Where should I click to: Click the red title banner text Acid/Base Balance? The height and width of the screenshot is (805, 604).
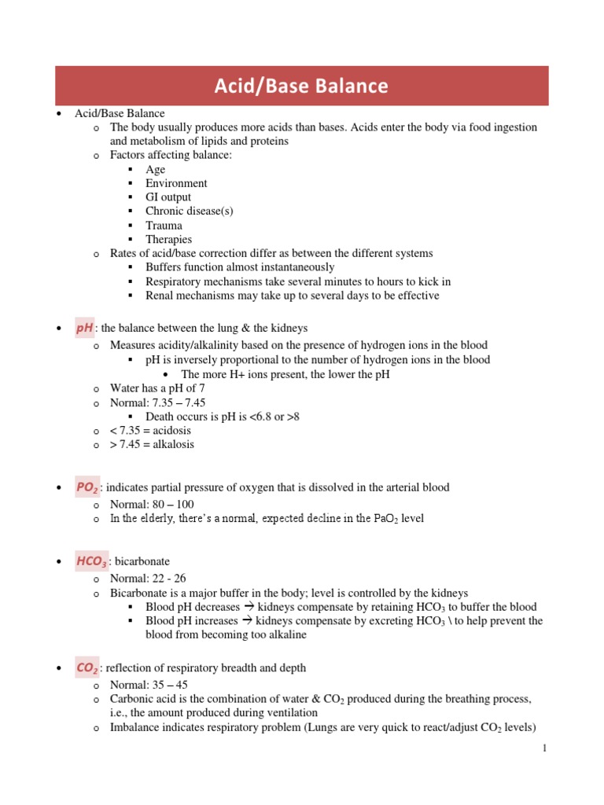pos(301,86)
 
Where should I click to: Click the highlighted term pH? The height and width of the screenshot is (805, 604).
pos(84,328)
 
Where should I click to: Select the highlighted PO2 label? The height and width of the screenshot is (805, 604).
pos(87,487)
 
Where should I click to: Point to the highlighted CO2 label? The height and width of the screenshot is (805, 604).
pos(87,667)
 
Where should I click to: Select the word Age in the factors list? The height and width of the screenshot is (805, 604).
pos(156,169)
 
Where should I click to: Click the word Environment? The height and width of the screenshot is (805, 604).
pos(176,183)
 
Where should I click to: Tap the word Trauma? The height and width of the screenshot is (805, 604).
pos(164,225)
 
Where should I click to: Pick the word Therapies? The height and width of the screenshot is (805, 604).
pos(168,239)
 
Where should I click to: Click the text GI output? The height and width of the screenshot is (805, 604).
pos(168,197)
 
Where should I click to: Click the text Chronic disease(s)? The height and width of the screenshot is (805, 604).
pos(190,211)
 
